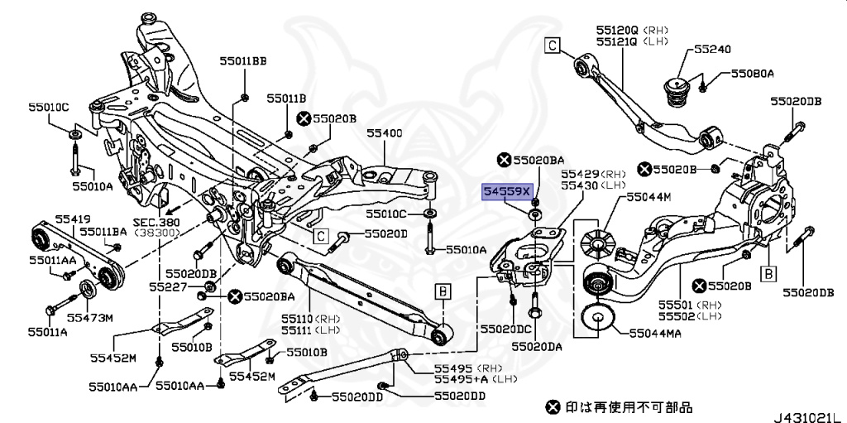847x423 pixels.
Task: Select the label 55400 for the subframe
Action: pyautogui.click(x=385, y=132)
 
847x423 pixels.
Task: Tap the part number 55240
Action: pyautogui.click(x=712, y=50)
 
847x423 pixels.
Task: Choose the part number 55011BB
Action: pyautogui.click(x=243, y=60)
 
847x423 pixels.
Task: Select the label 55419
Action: pyautogui.click(x=73, y=219)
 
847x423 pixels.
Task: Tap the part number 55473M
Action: pyautogui.click(x=90, y=317)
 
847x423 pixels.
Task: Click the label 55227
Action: pyautogui.click(x=167, y=286)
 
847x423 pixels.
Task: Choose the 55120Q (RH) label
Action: pyautogui.click(x=626, y=29)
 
